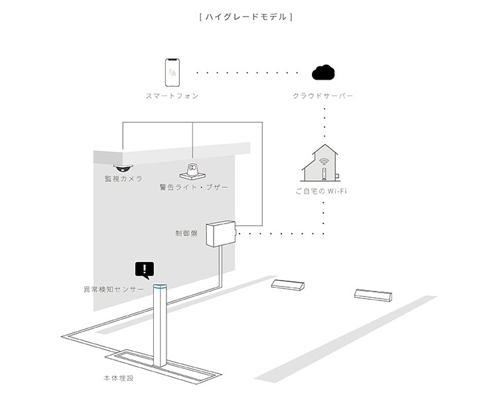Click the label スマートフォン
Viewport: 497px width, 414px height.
(172, 96)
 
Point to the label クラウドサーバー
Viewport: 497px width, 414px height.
(323, 96)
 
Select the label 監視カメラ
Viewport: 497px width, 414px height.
(123, 179)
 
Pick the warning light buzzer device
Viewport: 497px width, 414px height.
(193, 170)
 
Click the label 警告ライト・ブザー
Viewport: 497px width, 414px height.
(194, 188)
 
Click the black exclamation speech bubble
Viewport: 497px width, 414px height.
(144, 269)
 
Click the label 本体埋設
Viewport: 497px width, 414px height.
(117, 378)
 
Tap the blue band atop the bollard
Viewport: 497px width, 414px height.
(159, 288)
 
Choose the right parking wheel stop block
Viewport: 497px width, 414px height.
(373, 295)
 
